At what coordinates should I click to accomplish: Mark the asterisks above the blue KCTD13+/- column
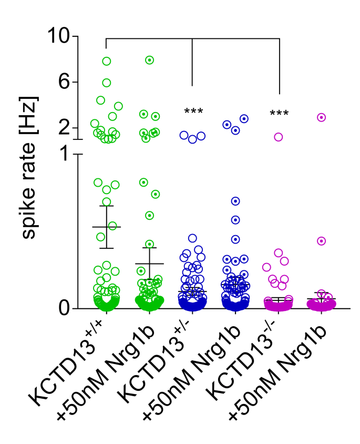193,112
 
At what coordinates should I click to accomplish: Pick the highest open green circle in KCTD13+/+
107,61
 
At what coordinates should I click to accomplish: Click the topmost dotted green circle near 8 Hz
149,60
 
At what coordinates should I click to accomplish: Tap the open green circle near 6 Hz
107,83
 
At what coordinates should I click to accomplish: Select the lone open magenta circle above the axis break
278,137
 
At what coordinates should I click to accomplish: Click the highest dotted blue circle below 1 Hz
236,201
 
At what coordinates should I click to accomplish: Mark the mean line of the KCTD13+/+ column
107,227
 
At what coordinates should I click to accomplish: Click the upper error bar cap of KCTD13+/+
107,206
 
